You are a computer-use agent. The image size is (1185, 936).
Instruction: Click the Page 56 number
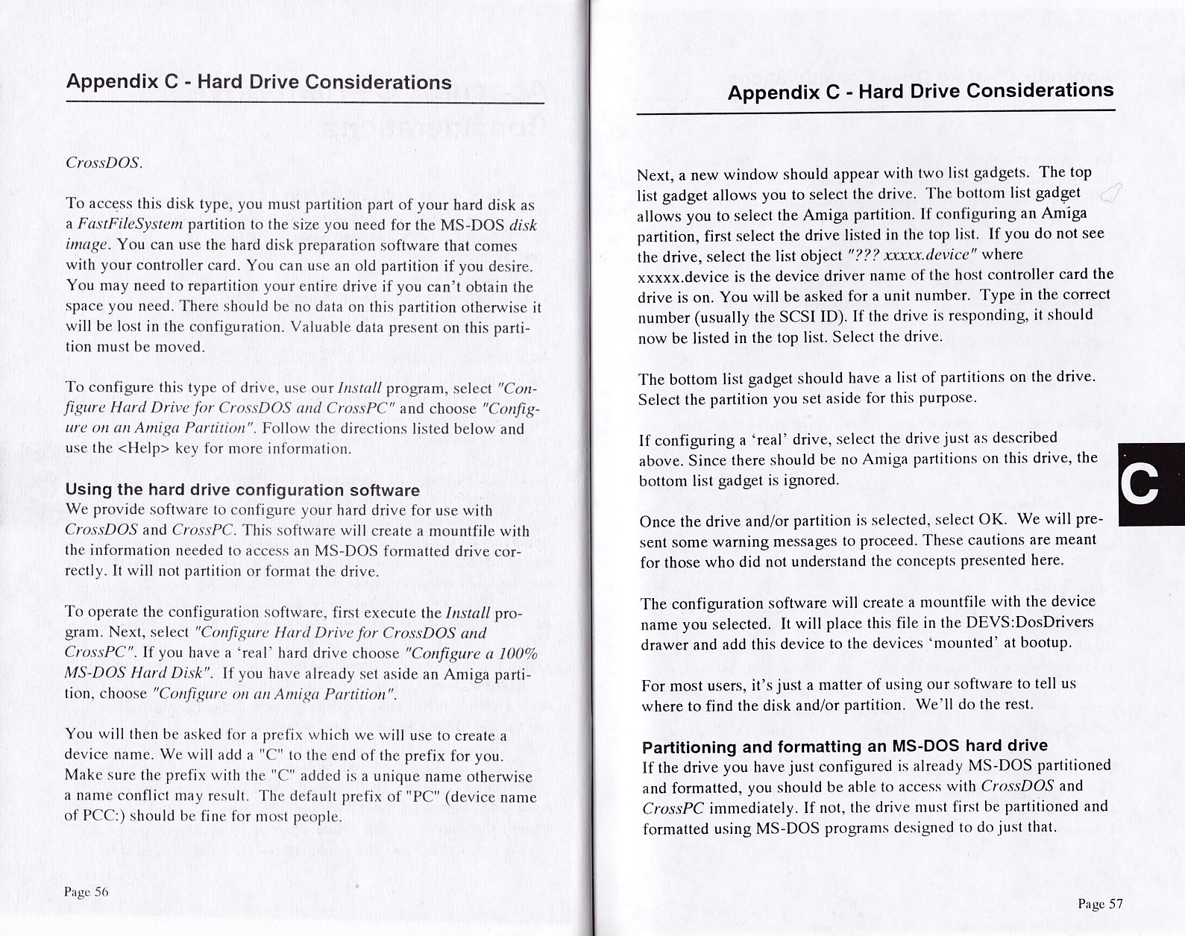tap(87, 892)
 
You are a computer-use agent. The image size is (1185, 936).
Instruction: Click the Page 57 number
tap(1100, 904)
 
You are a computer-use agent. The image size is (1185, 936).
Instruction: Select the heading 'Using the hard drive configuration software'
tap(242, 490)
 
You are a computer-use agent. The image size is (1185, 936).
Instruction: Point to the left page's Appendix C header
tap(259, 82)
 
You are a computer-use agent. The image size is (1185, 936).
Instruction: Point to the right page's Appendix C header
tap(920, 92)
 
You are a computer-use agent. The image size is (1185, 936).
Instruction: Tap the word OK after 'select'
tap(991, 518)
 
